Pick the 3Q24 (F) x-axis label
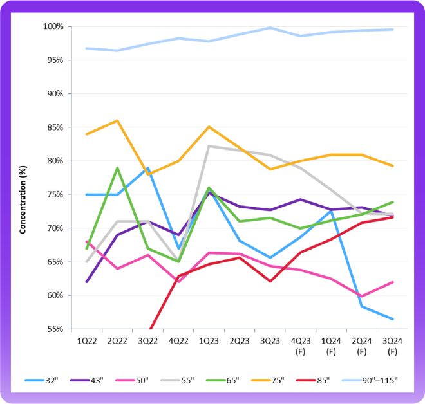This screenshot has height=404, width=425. [x=393, y=345]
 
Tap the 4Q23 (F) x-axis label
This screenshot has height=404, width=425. [x=300, y=345]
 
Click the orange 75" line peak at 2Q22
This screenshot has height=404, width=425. [x=116, y=120]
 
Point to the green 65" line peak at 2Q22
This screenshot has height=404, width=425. [x=116, y=168]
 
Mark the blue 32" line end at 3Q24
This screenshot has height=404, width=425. [x=393, y=318]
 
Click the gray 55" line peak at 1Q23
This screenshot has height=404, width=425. [x=208, y=146]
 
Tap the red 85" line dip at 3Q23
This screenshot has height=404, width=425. [x=270, y=281]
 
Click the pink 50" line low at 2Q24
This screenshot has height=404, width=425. [x=362, y=297]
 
